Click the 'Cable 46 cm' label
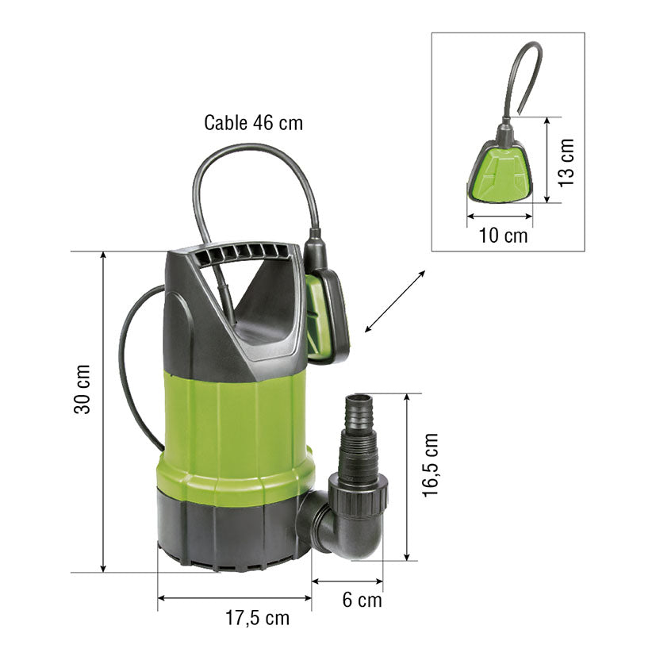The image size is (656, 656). [253, 123]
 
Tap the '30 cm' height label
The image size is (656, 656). [82, 389]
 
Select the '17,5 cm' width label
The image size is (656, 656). [257, 618]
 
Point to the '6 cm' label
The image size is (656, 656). [363, 600]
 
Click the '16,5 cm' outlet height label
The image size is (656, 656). [430, 465]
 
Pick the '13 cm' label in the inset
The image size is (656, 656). [566, 163]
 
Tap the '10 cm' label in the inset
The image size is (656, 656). [503, 235]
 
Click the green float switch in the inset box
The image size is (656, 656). [500, 171]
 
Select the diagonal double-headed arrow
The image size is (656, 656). [395, 301]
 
